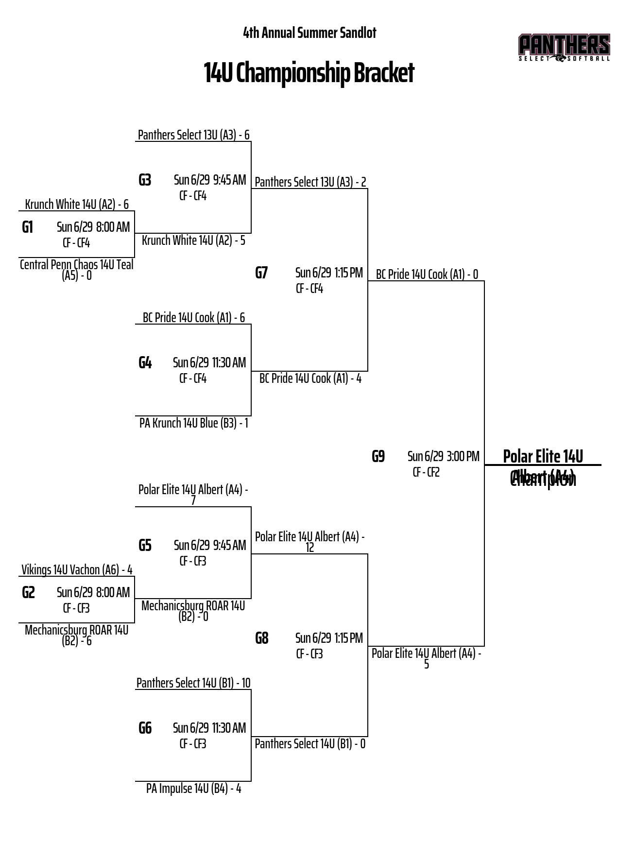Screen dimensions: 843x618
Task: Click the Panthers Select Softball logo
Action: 564,48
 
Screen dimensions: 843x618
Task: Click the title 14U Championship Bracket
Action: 309,73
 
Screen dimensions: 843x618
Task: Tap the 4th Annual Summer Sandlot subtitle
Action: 309,33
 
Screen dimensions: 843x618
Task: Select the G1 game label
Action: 28,227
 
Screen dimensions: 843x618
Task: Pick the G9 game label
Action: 378,456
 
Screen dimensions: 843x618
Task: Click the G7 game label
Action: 261,273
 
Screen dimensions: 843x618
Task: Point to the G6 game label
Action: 145,728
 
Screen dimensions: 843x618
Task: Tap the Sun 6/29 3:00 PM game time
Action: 443,456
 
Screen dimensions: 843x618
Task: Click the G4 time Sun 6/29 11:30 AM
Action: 209,362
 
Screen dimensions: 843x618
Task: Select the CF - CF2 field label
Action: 426,472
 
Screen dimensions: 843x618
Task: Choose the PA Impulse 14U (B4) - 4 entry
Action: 193,788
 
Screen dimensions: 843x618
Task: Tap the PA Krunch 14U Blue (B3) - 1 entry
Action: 193,423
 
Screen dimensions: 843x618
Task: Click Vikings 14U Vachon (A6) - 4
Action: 77,569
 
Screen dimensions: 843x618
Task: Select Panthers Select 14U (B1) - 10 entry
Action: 193,683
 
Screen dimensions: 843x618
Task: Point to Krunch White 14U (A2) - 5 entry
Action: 193,240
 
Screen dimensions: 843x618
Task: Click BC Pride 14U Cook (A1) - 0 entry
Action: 427,274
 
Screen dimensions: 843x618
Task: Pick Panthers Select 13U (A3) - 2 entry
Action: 310,182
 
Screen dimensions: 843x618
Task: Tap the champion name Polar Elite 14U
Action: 543,456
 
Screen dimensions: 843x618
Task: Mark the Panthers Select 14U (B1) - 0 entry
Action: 310,743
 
